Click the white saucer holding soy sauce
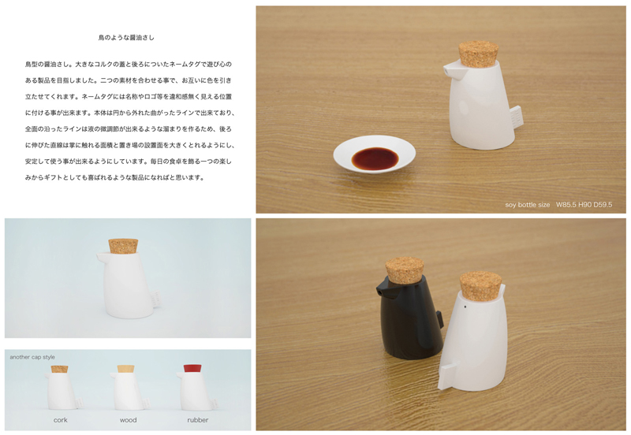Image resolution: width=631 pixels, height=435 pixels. [x=374, y=154]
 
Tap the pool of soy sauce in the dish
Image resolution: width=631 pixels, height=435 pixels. [x=375, y=158]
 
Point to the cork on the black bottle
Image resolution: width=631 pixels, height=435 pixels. [x=405, y=270]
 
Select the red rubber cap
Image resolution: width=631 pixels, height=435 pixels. [x=192, y=369]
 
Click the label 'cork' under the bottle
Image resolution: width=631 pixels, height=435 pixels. [x=61, y=420]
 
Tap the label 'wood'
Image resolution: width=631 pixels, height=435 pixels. [x=128, y=420]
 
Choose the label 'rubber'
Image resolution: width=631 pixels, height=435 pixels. [x=198, y=420]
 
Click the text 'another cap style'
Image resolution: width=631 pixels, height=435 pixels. [x=32, y=357]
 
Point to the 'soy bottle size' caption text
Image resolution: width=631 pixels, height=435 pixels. [x=527, y=205]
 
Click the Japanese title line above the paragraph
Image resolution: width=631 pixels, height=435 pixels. [x=126, y=38]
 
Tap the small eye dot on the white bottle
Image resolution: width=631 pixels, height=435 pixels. [x=465, y=307]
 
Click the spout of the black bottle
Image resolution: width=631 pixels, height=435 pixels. [x=383, y=288]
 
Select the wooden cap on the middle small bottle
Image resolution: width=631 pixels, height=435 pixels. [x=125, y=369]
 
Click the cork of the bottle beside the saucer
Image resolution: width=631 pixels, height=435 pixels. [x=479, y=54]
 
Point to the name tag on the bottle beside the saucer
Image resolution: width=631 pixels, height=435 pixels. [x=517, y=116]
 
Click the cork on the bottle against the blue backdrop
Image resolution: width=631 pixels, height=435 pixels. [x=124, y=246]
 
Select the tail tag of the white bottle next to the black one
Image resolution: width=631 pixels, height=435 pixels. [x=449, y=375]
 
